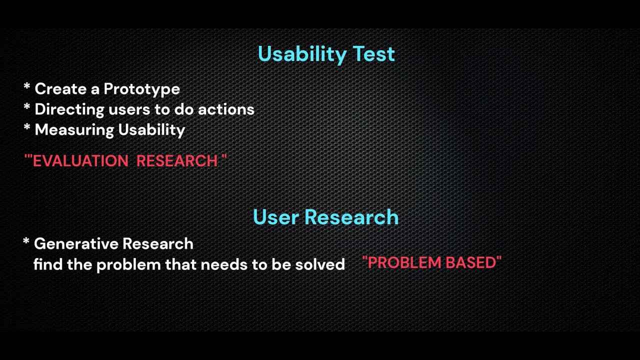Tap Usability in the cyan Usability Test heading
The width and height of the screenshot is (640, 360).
point(302,54)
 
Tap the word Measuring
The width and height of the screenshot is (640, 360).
point(74,130)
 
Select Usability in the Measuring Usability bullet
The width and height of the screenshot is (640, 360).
point(151,130)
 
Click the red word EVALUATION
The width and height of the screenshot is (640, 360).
point(80,161)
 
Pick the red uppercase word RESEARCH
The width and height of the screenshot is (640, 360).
point(177,161)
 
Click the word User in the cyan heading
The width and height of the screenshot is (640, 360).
point(276,217)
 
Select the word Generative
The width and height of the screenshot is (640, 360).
point(76,244)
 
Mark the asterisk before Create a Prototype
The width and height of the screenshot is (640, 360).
point(27,88)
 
